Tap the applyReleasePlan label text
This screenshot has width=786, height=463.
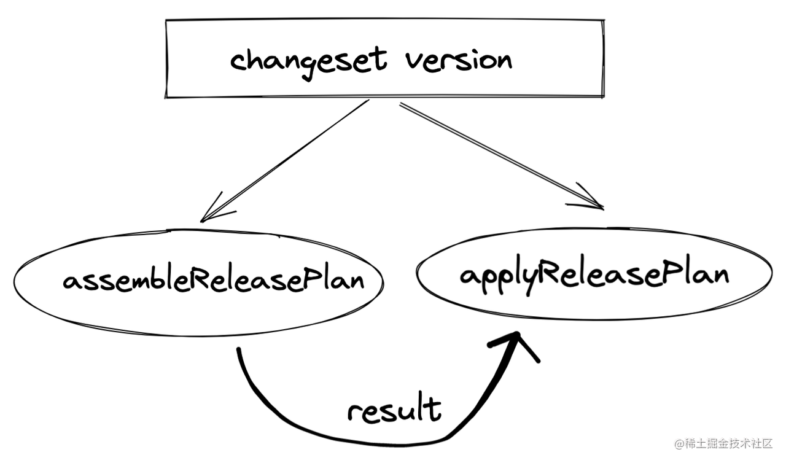(594, 274)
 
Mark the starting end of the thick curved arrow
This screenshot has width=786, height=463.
(238, 351)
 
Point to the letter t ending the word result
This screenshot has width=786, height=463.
(434, 408)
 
